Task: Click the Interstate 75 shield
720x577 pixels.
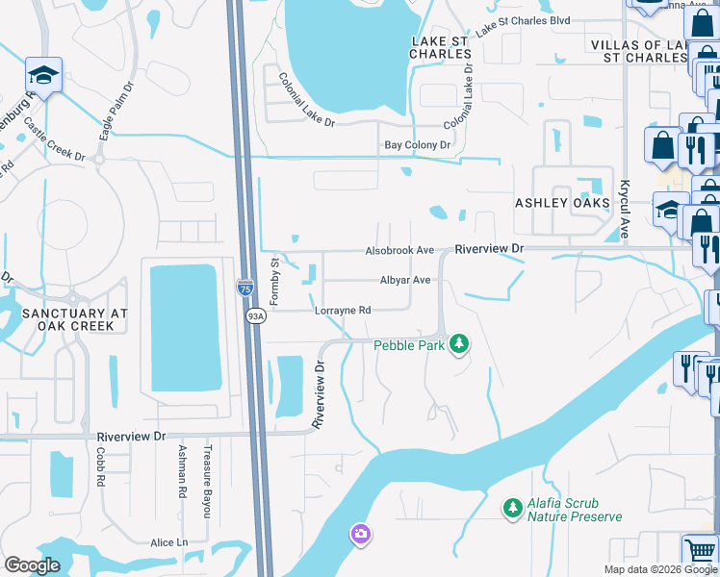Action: pyautogui.click(x=245, y=287)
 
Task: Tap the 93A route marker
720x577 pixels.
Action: pyautogui.click(x=255, y=316)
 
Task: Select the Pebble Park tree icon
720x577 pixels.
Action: pyautogui.click(x=460, y=343)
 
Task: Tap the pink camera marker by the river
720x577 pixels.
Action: pyautogui.click(x=360, y=532)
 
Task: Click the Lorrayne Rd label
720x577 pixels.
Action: pyautogui.click(x=343, y=311)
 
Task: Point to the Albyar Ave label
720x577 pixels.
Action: pyautogui.click(x=405, y=280)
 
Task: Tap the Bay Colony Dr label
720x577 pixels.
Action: pyautogui.click(x=418, y=145)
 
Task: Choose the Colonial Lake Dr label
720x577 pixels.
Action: pyautogui.click(x=305, y=101)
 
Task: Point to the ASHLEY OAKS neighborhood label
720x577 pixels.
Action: pyautogui.click(x=562, y=204)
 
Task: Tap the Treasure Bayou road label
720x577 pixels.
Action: pyautogui.click(x=207, y=482)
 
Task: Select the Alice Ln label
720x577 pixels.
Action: pyautogui.click(x=169, y=542)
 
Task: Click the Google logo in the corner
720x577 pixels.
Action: pyautogui.click(x=32, y=564)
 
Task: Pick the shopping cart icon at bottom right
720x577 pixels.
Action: pyautogui.click(x=700, y=550)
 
